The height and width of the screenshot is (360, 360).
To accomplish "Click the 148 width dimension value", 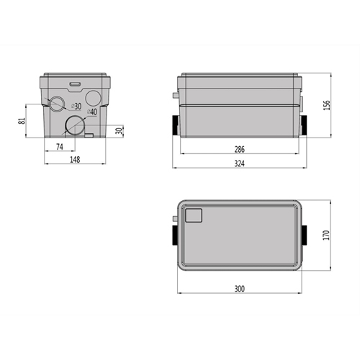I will point(75,159).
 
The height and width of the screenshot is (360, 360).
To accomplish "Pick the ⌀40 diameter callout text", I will point(93,112).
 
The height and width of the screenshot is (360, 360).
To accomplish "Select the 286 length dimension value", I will point(240,150).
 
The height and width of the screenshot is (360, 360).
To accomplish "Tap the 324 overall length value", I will point(240,165).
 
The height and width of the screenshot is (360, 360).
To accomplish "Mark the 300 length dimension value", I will point(240,289).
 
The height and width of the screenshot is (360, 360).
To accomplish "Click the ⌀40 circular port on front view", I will point(74,126).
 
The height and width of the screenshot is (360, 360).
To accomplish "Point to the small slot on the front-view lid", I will point(74,81).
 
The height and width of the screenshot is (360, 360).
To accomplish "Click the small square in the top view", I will point(194,215).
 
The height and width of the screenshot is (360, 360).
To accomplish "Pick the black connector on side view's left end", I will point(175,124).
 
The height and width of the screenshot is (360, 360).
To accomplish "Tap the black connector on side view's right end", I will point(305,124).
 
